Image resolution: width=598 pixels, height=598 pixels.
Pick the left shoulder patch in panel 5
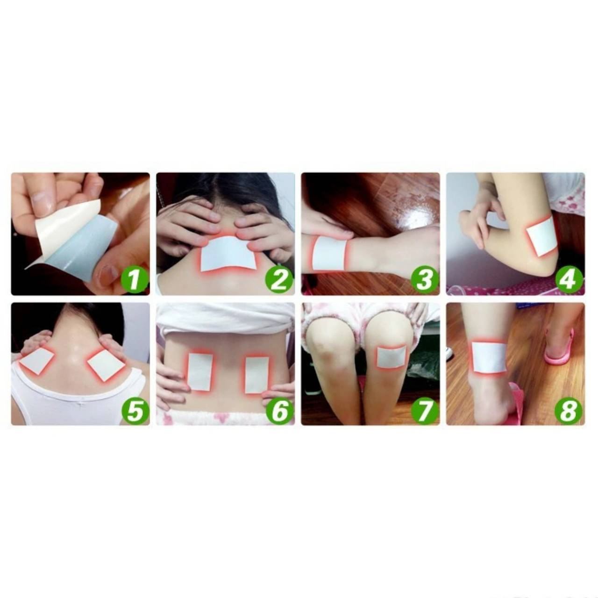(x=36, y=361)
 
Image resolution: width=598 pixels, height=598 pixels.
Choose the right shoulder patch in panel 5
(x=106, y=363)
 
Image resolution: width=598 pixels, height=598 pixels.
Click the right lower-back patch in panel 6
(x=256, y=375)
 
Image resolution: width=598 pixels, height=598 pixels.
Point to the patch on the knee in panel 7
(x=392, y=357)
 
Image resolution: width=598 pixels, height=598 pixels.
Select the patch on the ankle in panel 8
(x=489, y=356)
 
